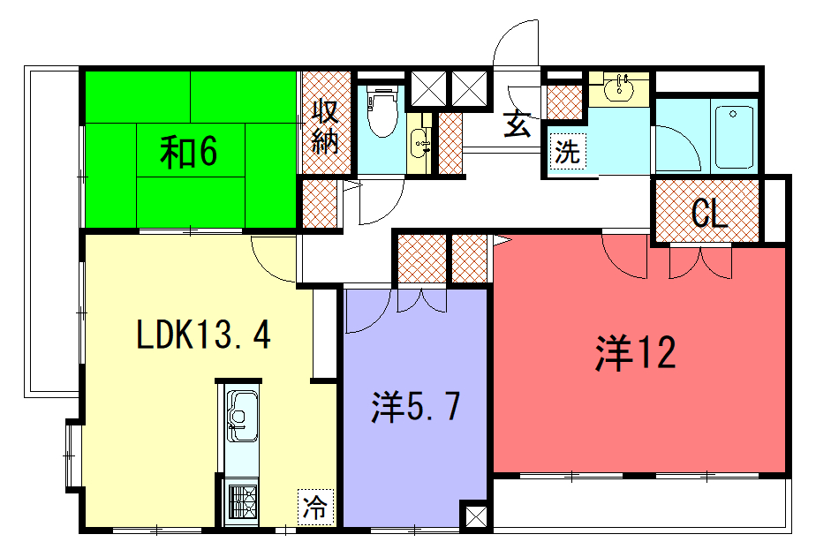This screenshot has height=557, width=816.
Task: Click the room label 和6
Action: (x=188, y=152)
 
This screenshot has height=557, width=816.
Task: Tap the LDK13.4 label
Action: (x=203, y=334)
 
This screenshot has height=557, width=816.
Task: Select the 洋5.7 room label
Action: (x=415, y=407)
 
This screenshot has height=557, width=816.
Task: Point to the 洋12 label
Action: (x=636, y=353)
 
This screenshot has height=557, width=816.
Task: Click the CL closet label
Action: (x=709, y=213)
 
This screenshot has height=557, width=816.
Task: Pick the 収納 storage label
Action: (x=325, y=126)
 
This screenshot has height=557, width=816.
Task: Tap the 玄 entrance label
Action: (x=517, y=124)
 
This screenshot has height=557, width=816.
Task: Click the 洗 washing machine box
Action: (x=567, y=151)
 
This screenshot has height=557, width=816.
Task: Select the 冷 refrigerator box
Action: (x=315, y=507)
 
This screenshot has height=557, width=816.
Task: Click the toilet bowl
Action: (x=382, y=110)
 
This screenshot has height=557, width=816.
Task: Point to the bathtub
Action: (x=734, y=138)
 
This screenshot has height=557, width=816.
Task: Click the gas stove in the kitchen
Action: (x=243, y=502)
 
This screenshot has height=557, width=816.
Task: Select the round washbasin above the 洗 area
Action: (x=619, y=88)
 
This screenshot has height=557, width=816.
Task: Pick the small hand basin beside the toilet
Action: (x=419, y=144)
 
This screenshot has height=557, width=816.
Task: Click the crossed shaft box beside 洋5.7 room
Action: (x=476, y=516)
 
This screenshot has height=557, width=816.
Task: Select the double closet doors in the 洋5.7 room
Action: (x=421, y=301)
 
